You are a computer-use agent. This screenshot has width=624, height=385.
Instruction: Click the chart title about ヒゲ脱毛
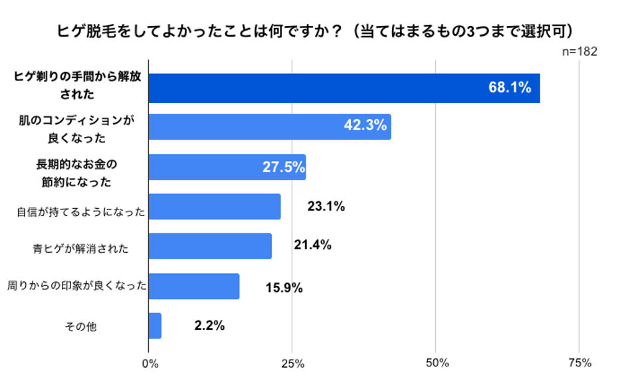pyautogui.click(x=312, y=31)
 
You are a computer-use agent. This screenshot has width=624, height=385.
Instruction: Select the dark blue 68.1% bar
pyautogui.click(x=344, y=88)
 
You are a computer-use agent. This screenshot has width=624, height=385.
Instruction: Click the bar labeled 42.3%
pyautogui.click(x=269, y=126)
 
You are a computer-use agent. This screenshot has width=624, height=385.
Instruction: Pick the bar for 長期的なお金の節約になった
pyautogui.click(x=227, y=167)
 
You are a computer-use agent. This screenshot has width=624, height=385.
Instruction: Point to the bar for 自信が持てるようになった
pyautogui.click(x=214, y=207)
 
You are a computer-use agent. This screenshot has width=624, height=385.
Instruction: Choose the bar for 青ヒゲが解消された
pyautogui.click(x=209, y=246)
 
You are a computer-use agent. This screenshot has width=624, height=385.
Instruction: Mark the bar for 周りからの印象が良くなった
pyautogui.click(x=193, y=286)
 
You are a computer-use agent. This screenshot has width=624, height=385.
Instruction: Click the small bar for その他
pyautogui.click(x=155, y=326)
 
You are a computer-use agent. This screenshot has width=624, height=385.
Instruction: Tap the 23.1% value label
pyautogui.click(x=326, y=207)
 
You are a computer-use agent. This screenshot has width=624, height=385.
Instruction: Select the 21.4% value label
pyautogui.click(x=312, y=246)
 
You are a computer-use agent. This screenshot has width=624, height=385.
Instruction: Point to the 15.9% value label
pyautogui.click(x=284, y=288)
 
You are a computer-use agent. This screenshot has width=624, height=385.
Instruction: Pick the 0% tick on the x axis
pyautogui.click(x=150, y=363)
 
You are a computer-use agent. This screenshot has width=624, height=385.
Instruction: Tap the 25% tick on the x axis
pyautogui.click(x=292, y=363)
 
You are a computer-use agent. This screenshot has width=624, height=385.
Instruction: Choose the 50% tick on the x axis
pyautogui.click(x=437, y=363)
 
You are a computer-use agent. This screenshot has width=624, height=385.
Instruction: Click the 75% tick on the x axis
pyautogui.click(x=580, y=363)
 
